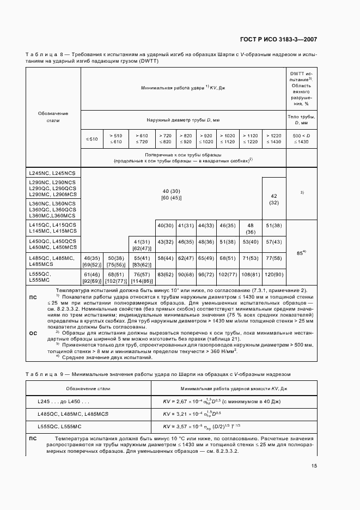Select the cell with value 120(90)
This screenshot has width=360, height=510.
[273, 275]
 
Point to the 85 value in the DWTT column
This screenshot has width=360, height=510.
[300, 252]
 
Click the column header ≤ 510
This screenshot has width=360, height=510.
[92, 139]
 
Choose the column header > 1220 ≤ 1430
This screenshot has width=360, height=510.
[273, 139]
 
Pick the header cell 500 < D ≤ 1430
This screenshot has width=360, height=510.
[300, 139]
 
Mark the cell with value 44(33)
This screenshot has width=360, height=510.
[206, 226]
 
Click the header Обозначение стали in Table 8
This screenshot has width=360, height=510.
[53, 117]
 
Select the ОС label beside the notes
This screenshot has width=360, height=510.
[33, 332]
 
